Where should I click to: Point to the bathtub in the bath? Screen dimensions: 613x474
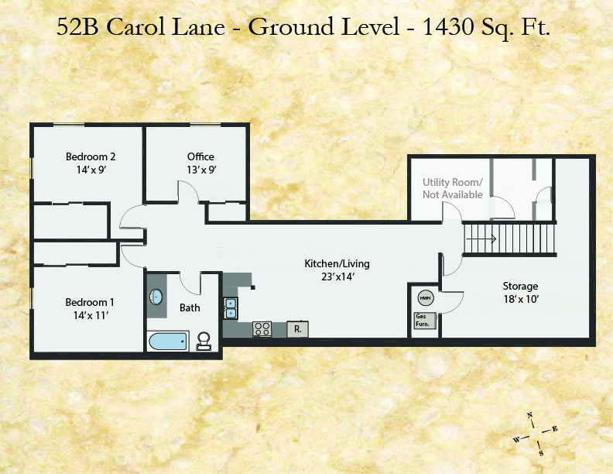(168, 342)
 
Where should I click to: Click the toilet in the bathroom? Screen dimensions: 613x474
(204, 341)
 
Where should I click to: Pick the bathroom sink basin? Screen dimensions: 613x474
(156, 297)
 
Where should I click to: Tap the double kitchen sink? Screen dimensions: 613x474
(231, 308)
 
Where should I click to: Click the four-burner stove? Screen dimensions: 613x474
(262, 329)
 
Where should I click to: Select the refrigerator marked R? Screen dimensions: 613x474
(297, 329)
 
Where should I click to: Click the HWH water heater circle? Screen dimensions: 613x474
(426, 298)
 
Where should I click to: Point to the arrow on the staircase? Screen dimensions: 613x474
(481, 239)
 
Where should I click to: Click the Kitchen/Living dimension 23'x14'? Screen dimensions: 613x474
(337, 277)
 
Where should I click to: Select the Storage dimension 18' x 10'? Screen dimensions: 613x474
(521, 299)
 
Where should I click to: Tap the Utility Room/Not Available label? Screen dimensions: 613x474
(453, 188)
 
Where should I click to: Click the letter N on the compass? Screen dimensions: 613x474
(530, 415)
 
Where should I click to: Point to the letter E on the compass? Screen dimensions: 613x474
(555, 429)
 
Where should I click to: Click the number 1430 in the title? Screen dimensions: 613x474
(448, 26)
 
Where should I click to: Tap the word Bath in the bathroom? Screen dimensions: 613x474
(190, 307)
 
